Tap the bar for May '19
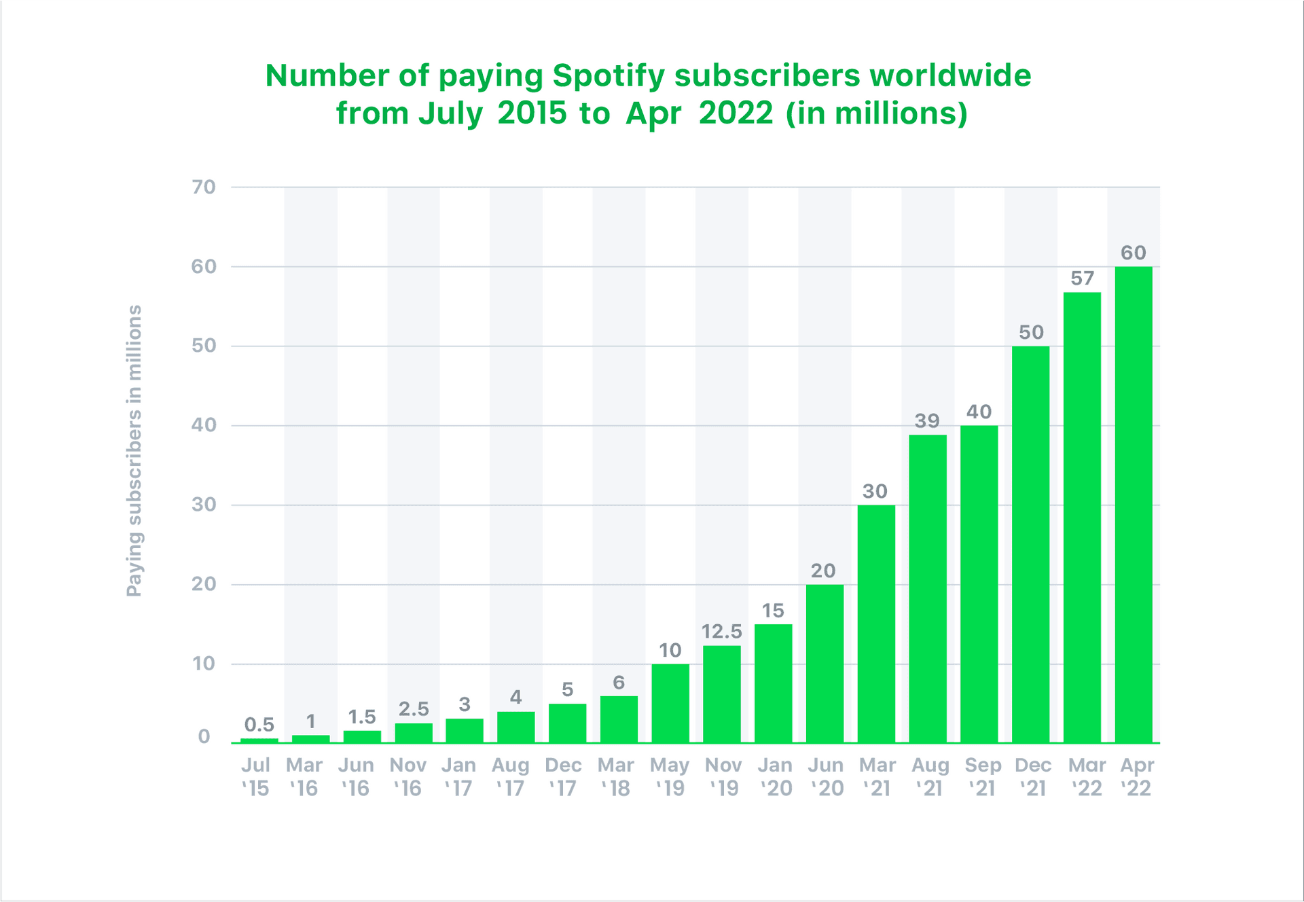tap(670, 703)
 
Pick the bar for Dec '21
tap(1030, 544)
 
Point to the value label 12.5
tap(721, 632)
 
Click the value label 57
tap(1082, 278)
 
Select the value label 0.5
tap(259, 725)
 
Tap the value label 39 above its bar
tap(927, 421)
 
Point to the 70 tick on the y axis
tap(203, 187)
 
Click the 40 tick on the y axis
tap(203, 425)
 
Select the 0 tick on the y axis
tap(204, 737)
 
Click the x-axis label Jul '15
tap(255, 776)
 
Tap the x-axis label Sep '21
tap(982, 776)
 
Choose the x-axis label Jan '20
tap(776, 776)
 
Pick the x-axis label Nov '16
tap(407, 776)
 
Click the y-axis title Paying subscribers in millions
tap(134, 450)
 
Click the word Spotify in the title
tap(608, 76)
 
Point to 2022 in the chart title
tap(736, 113)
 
